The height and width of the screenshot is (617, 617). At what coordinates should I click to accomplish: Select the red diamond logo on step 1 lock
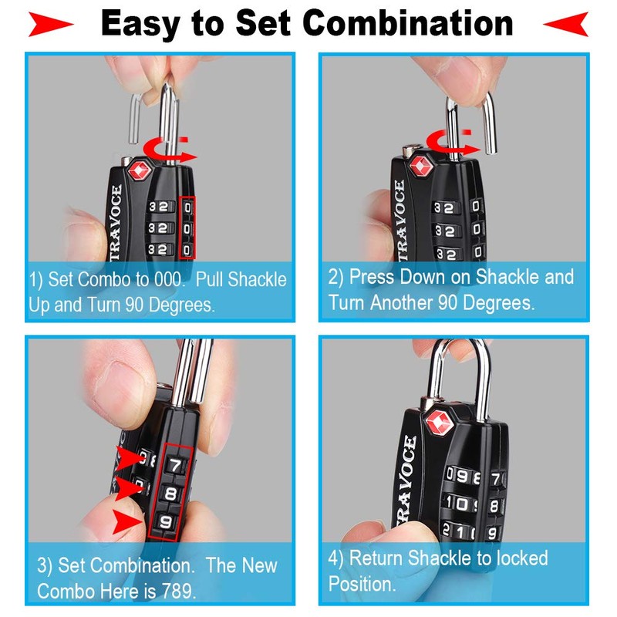coord(140,171)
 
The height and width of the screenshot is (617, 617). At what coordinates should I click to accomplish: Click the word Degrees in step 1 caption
coord(174,305)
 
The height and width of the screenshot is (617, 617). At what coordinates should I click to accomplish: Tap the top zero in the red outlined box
coord(187,207)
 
